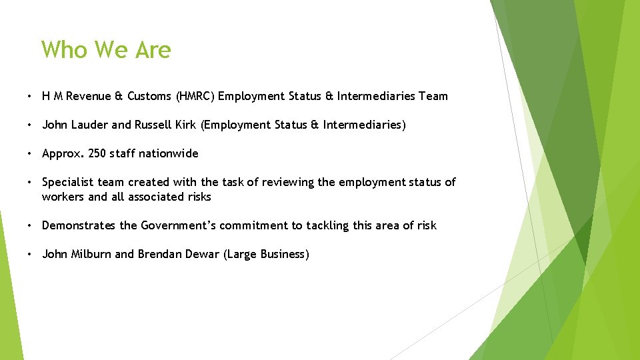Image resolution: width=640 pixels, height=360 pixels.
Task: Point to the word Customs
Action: click(149, 96)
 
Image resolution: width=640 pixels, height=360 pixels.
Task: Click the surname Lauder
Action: click(89, 125)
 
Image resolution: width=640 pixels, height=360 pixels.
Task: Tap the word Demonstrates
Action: click(79, 225)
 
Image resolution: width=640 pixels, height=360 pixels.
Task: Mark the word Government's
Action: click(178, 225)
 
